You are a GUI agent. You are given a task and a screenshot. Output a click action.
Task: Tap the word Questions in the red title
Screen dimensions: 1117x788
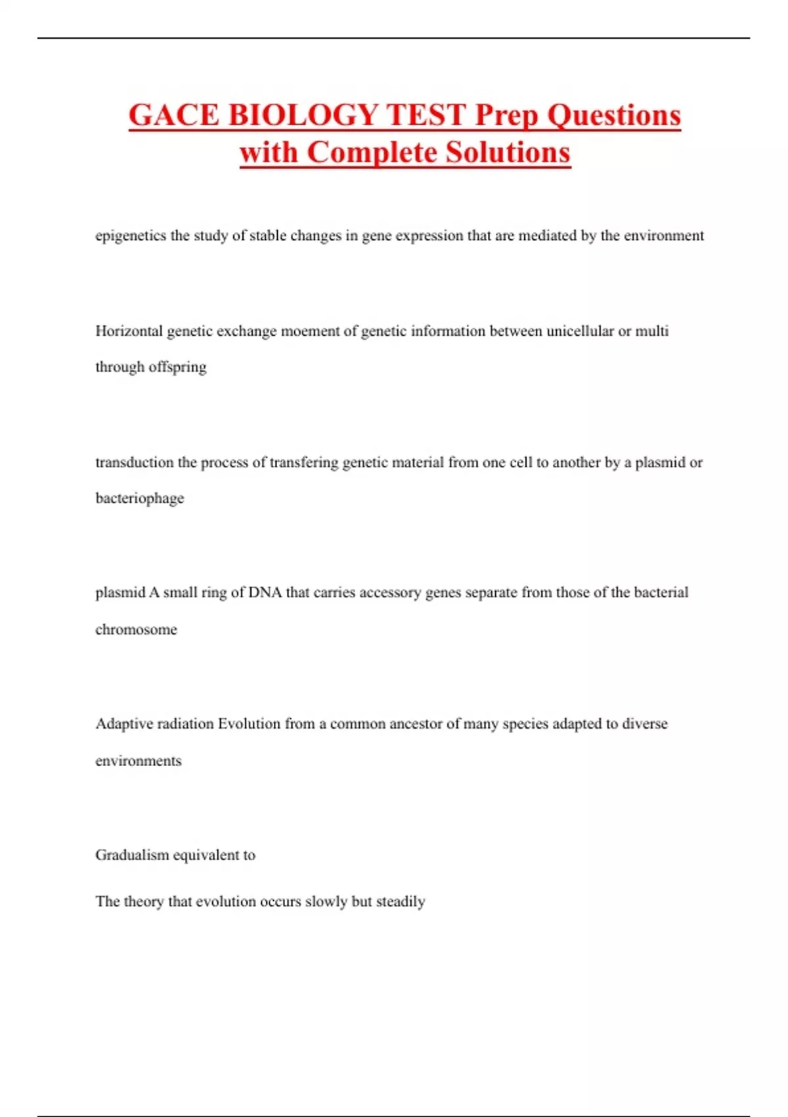click(x=614, y=115)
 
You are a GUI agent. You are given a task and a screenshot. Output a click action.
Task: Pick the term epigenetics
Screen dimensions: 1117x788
click(x=131, y=236)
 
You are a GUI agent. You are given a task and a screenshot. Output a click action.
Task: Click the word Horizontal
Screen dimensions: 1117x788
click(x=129, y=331)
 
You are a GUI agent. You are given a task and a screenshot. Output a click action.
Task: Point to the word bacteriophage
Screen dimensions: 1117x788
click(x=140, y=498)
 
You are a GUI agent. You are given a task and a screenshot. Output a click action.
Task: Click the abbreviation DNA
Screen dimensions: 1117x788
click(x=265, y=592)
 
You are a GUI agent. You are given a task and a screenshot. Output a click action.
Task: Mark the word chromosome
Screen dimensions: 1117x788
click(x=136, y=629)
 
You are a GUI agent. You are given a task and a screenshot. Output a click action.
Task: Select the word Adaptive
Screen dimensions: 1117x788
click(x=121, y=723)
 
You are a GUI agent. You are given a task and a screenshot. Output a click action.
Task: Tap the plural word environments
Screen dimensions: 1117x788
click(x=138, y=761)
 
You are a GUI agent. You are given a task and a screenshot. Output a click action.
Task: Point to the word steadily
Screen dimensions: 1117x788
click(x=401, y=901)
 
